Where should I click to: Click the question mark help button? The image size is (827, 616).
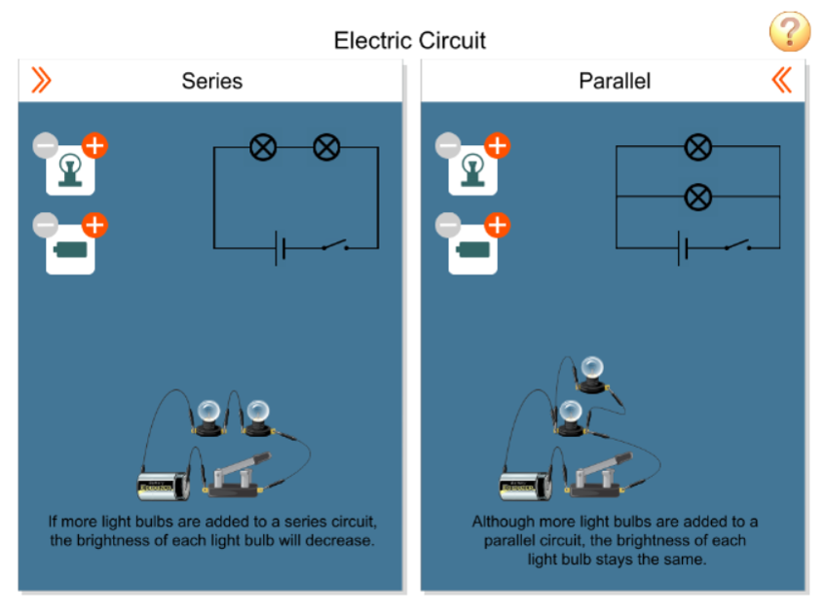click(x=789, y=32)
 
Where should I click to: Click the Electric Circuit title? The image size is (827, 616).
click(x=409, y=40)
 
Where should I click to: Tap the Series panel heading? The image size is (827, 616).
click(x=211, y=81)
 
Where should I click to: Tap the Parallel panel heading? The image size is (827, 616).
click(x=614, y=81)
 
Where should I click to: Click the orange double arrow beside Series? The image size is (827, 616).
click(x=41, y=81)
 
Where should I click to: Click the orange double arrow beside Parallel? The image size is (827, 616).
click(x=781, y=80)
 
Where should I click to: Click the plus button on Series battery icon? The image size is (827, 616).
click(x=94, y=226)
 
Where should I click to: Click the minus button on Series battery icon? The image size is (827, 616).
click(x=46, y=226)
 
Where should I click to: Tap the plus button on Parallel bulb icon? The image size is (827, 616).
click(x=497, y=146)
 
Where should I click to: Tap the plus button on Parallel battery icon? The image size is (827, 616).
click(x=497, y=226)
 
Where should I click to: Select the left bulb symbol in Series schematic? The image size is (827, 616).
click(x=263, y=148)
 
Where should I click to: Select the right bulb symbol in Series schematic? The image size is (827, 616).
click(x=326, y=148)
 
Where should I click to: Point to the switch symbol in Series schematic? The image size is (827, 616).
click(x=336, y=245)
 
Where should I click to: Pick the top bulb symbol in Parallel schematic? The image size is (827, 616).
click(x=697, y=148)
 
